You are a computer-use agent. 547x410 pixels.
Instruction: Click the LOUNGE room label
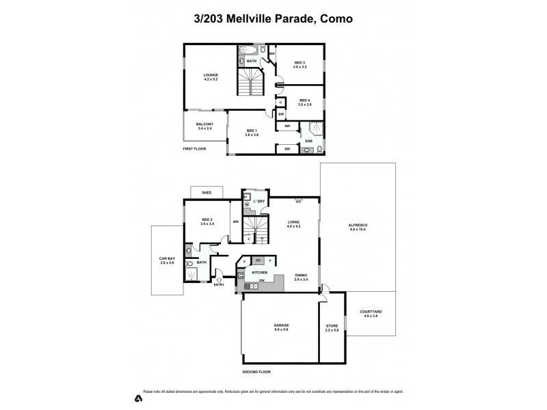click(210, 74)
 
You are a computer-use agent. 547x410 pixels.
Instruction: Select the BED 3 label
click(299, 62)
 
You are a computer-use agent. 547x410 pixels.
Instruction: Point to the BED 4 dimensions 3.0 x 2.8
click(304, 105)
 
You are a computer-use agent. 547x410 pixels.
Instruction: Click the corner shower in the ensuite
click(317, 127)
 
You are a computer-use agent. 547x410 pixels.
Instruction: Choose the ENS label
click(308, 141)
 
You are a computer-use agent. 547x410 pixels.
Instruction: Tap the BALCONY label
click(205, 124)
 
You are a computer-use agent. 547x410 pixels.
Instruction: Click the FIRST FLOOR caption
click(195, 148)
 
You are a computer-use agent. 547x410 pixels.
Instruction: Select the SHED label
click(206, 193)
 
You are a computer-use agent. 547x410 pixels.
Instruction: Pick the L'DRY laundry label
click(259, 202)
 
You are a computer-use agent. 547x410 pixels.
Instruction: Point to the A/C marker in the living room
click(298, 202)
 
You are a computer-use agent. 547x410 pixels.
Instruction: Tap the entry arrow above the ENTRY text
click(219, 277)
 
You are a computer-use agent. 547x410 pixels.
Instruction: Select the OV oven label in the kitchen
click(258, 260)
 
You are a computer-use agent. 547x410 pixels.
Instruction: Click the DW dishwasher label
click(261, 281)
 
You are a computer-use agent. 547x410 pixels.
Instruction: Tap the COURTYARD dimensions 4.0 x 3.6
click(371, 316)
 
